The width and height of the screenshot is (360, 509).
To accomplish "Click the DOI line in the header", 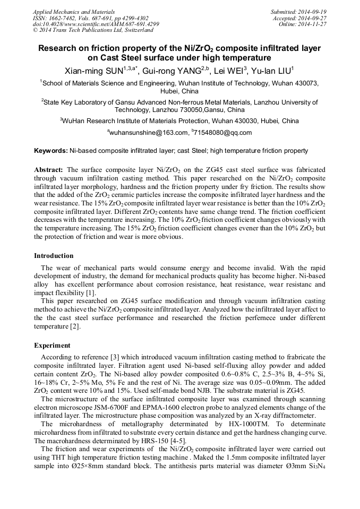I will click(96, 24).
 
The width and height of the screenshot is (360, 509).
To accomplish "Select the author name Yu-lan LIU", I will click(271, 71).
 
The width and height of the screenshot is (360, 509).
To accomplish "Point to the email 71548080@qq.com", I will click(223, 133).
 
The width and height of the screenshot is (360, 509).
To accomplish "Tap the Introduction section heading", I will click(54, 255).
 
